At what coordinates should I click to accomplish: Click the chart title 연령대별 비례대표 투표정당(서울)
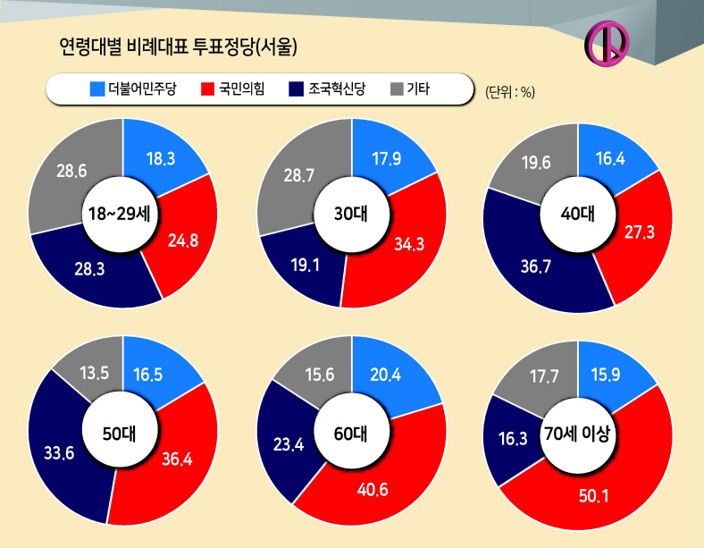coord(179,46)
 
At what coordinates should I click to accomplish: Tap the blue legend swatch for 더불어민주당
coord(97,89)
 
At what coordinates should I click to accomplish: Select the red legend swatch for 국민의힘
coord(207,89)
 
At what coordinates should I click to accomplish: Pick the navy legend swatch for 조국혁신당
coord(297,89)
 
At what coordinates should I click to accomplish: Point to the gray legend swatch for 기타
coord(397,89)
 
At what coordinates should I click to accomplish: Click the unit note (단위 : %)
coord(510,92)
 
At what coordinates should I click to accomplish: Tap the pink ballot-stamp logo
coord(607,44)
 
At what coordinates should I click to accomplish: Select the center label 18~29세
coord(119,214)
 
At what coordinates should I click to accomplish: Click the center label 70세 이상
coord(577,434)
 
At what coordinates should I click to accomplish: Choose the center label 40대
coord(578,214)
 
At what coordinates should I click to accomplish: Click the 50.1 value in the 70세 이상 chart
coord(593,496)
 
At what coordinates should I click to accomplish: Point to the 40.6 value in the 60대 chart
coord(373,489)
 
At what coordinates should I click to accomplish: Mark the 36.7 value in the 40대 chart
coord(536,266)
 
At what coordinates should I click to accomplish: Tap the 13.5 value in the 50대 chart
coord(95,373)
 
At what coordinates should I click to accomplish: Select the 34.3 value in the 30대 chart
coord(409,244)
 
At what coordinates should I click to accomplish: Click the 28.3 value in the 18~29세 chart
coord(89,268)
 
